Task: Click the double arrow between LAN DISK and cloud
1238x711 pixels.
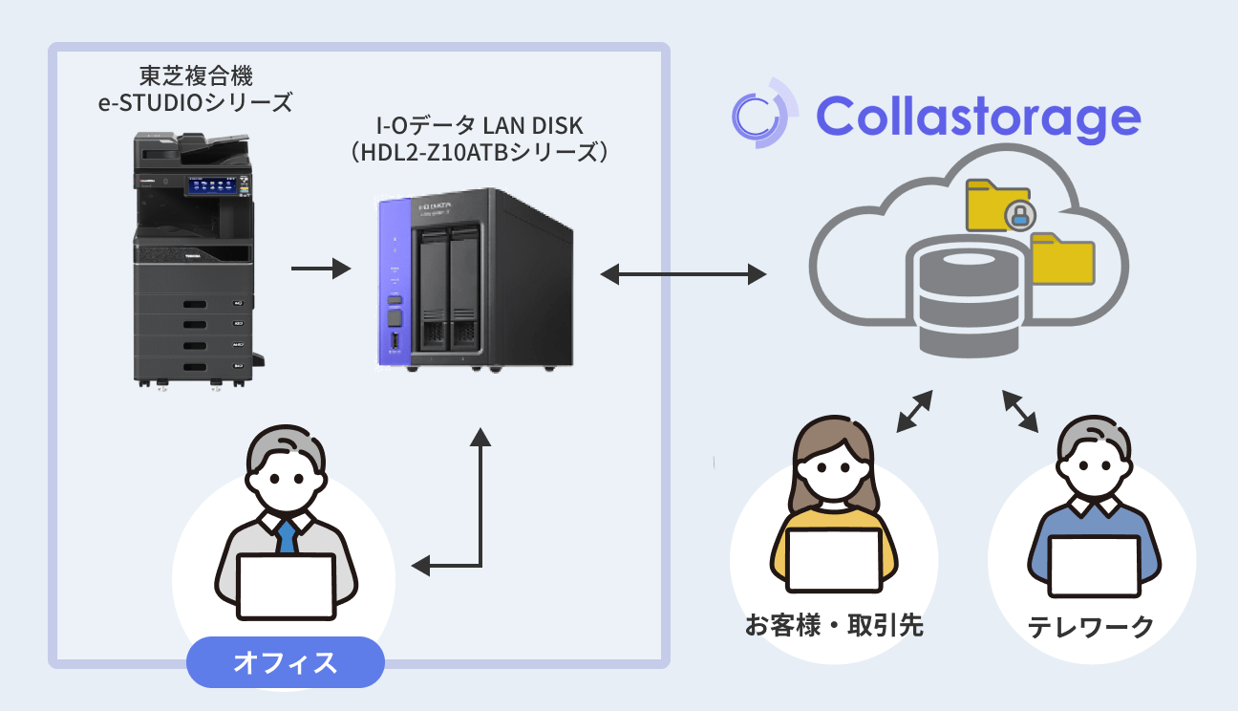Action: (684, 275)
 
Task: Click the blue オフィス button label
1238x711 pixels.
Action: (285, 662)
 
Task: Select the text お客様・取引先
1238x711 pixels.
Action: (834, 627)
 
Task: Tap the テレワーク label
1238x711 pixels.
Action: (1091, 627)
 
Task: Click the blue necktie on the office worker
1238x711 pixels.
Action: (286, 536)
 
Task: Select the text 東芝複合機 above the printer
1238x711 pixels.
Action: (195, 75)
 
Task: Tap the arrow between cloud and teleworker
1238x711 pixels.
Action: (1020, 410)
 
